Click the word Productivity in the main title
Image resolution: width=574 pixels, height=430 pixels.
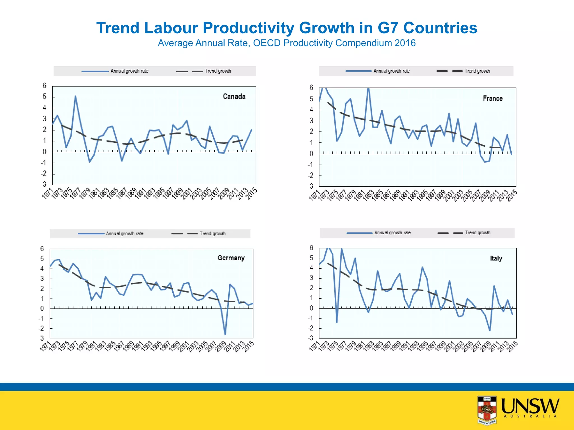pyautogui.click(x=247, y=28)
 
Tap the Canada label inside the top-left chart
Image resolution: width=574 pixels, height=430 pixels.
pyautogui.click(x=234, y=97)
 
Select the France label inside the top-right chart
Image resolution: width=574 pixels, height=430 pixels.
pyautogui.click(x=492, y=99)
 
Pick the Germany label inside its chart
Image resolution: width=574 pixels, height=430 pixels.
pyautogui.click(x=231, y=258)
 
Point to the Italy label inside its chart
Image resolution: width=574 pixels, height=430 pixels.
pyautogui.click(x=496, y=258)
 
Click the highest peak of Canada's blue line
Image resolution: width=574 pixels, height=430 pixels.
pyautogui.click(x=75, y=96)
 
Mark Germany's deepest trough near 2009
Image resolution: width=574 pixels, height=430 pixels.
pyautogui.click(x=225, y=334)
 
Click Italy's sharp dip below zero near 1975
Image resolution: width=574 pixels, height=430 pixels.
pyautogui.click(x=337, y=322)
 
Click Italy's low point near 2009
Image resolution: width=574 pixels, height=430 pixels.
pyautogui.click(x=490, y=330)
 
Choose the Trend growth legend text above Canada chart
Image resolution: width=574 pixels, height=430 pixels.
pyautogui.click(x=218, y=71)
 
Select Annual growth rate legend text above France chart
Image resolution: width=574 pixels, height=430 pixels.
pyautogui.click(x=391, y=71)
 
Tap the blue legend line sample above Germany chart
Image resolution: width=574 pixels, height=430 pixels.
pyautogui.click(x=91, y=234)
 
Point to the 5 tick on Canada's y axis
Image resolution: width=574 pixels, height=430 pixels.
pyautogui.click(x=45, y=97)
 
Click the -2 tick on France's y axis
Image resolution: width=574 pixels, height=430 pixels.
pyautogui.click(x=311, y=176)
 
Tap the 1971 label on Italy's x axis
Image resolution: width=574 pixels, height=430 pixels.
pyautogui.click(x=315, y=346)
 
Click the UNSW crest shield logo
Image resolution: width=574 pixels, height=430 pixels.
pyautogui.click(x=487, y=409)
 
